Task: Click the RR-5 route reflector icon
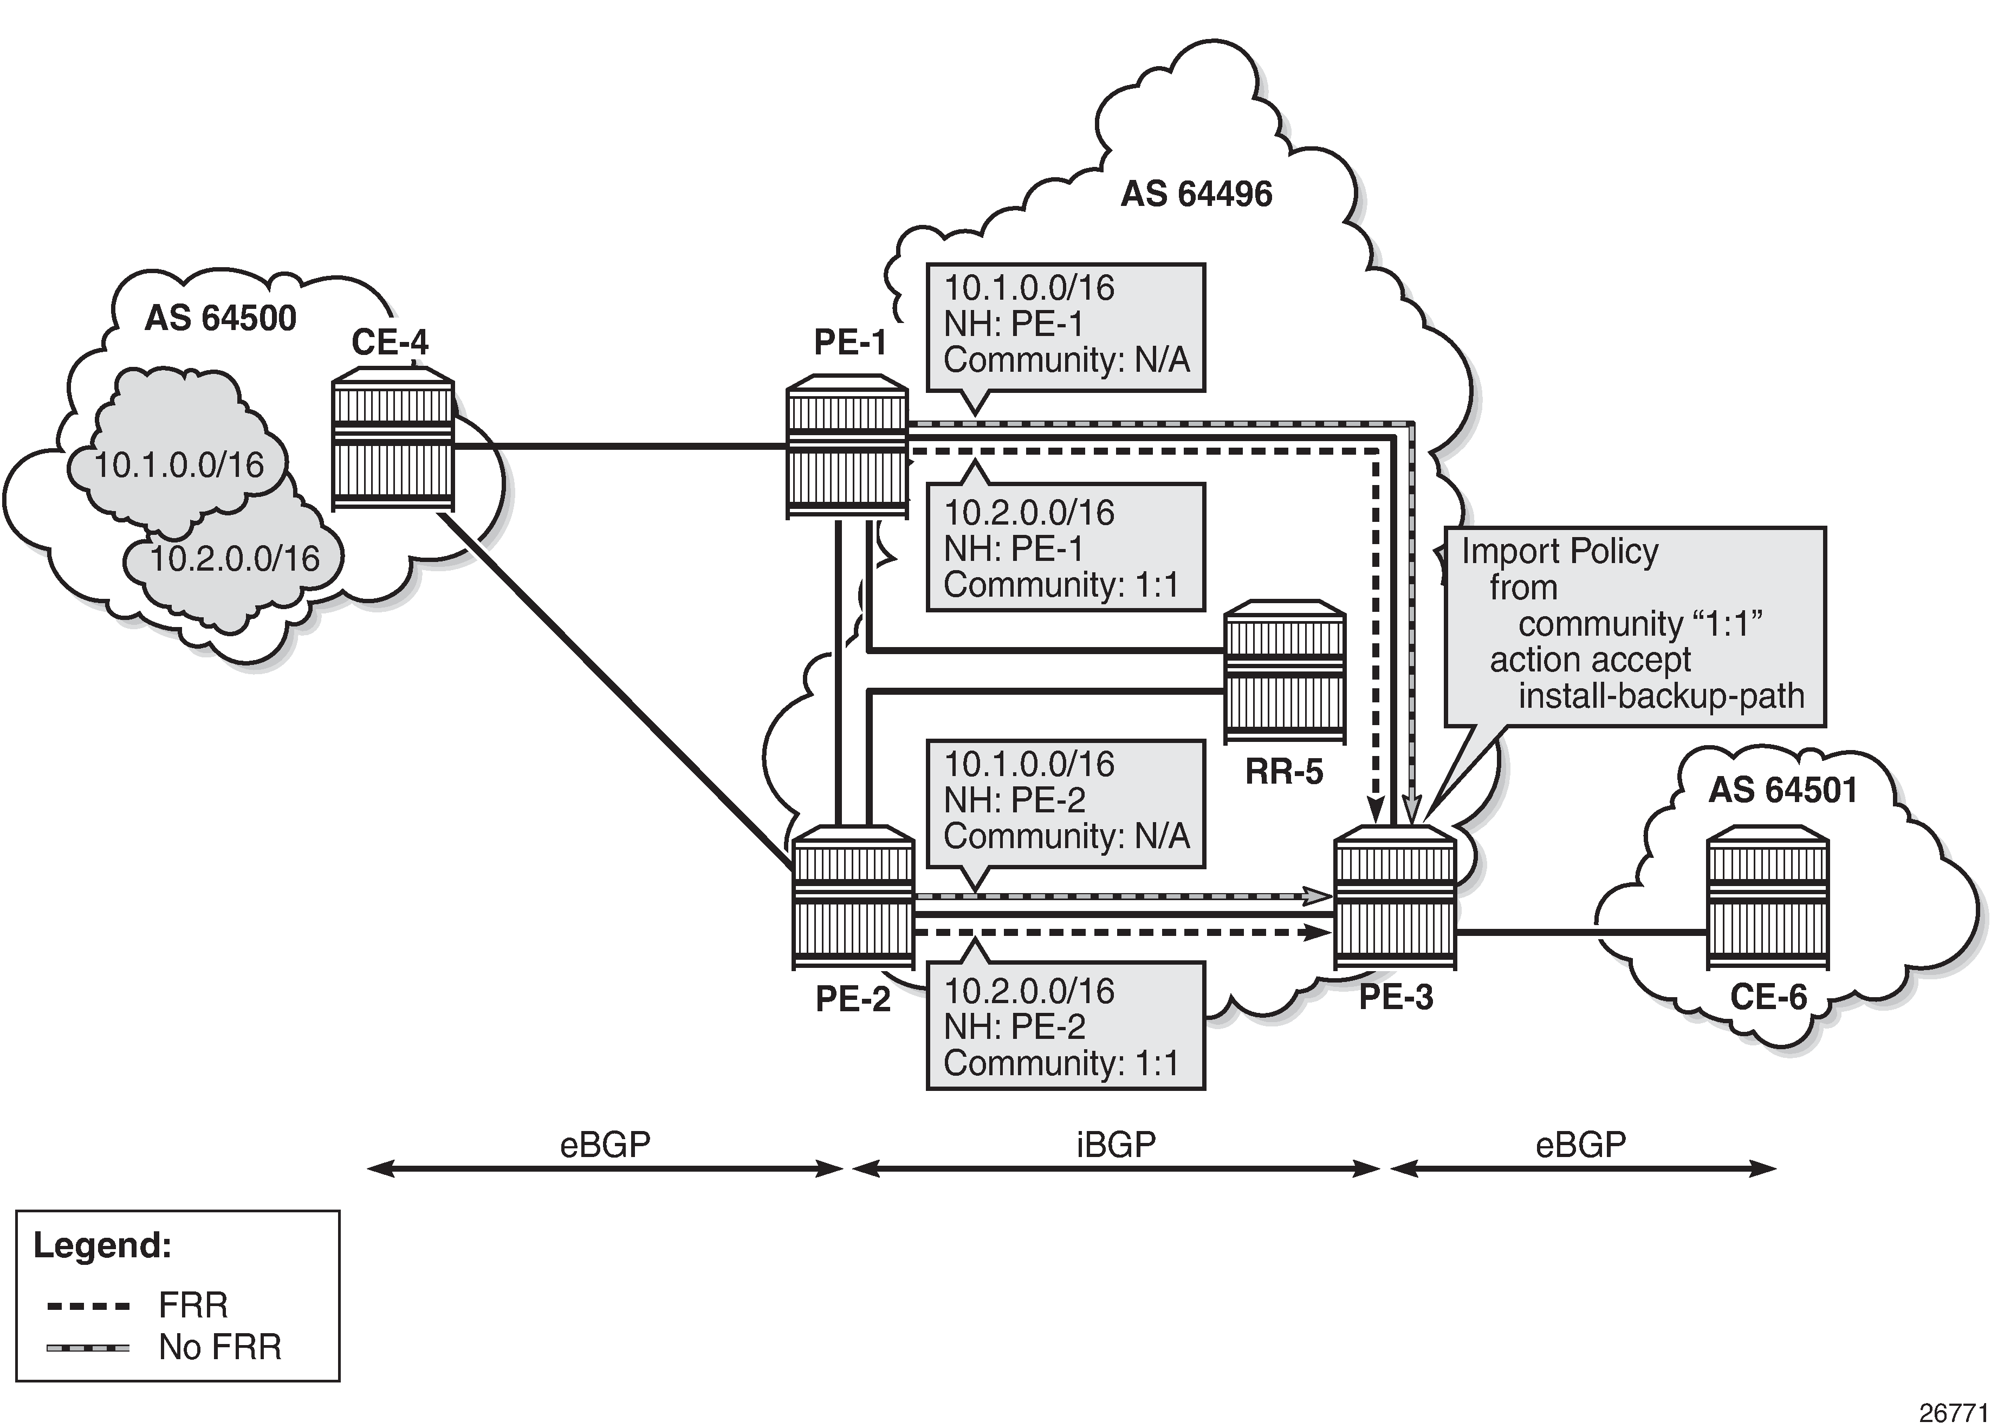1285,672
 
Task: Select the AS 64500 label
220,318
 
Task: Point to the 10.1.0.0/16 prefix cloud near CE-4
179,464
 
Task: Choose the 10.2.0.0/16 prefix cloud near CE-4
235,559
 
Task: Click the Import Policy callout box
1635,625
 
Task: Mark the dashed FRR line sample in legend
88,1306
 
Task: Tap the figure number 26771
1953,1413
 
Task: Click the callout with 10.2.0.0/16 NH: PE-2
1065,1026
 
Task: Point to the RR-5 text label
1283,772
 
